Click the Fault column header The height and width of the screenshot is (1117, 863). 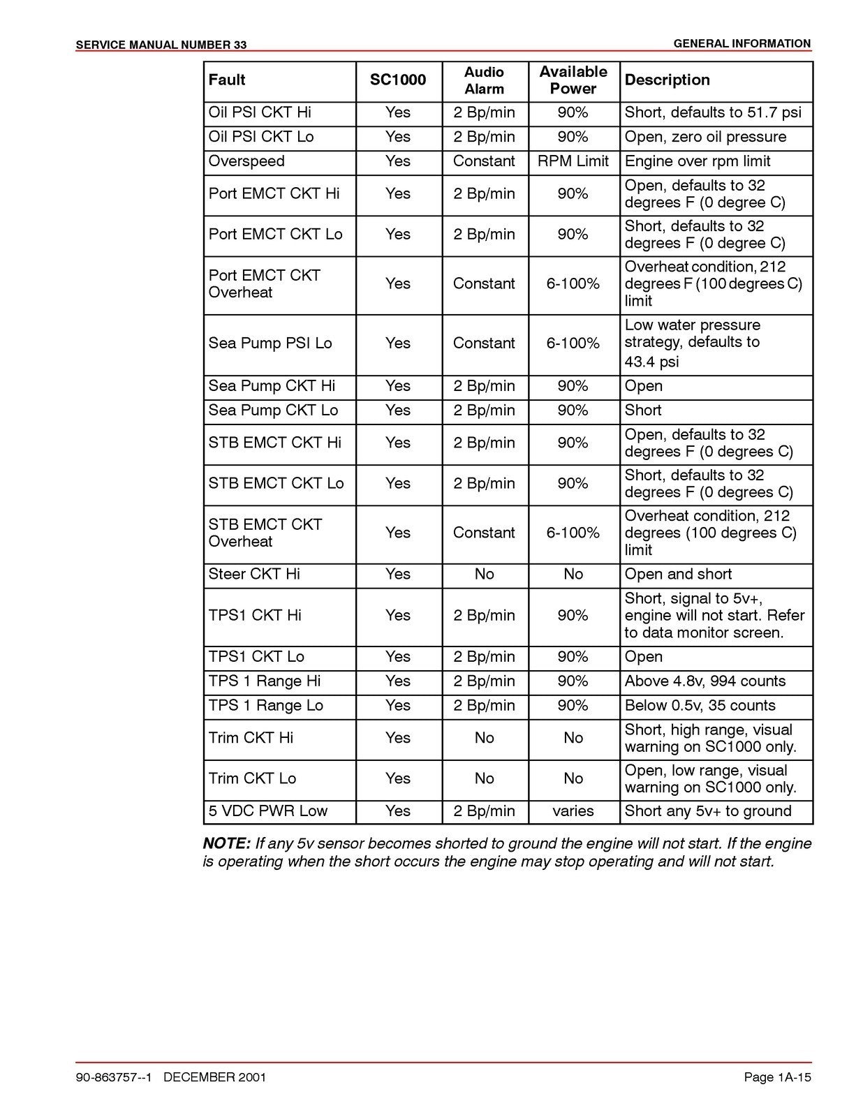point(227,80)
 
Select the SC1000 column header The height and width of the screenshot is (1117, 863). point(398,80)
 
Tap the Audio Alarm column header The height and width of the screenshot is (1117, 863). point(484,80)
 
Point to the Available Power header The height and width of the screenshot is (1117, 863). point(573,80)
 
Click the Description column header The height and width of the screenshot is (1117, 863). point(667,80)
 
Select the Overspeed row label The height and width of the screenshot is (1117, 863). point(246,161)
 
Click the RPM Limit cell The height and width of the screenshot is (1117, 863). point(573,161)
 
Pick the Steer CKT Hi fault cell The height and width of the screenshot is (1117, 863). point(254,574)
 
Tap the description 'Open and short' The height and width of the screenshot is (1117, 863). point(678,574)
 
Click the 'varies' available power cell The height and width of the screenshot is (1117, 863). point(573,811)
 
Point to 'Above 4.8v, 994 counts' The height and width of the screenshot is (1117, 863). point(705,681)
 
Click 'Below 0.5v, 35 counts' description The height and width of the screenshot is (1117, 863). point(700,706)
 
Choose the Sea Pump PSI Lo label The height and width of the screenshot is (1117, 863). point(270,343)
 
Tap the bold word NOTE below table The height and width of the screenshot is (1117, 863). point(226,843)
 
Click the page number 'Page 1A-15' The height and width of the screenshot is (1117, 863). point(777,1078)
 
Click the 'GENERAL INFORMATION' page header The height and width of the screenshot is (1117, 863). point(742,44)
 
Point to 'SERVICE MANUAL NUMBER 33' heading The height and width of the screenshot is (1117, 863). point(161,45)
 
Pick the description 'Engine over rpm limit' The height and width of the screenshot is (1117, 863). point(698,161)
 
